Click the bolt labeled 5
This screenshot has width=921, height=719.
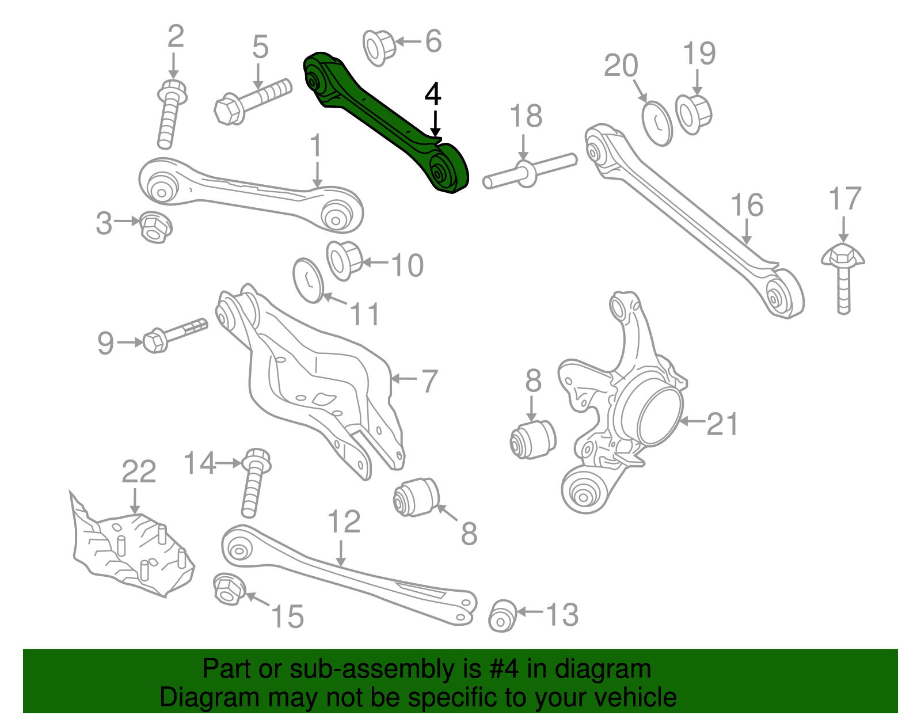253,100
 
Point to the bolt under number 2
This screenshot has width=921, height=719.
170,115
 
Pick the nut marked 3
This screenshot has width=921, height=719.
154,227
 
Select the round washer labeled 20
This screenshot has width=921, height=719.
657,123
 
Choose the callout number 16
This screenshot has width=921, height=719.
747,206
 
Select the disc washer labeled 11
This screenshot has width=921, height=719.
309,280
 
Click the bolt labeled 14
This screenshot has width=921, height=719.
253,484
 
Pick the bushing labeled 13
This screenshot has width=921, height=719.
503,616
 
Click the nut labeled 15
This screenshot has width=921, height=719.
229,589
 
